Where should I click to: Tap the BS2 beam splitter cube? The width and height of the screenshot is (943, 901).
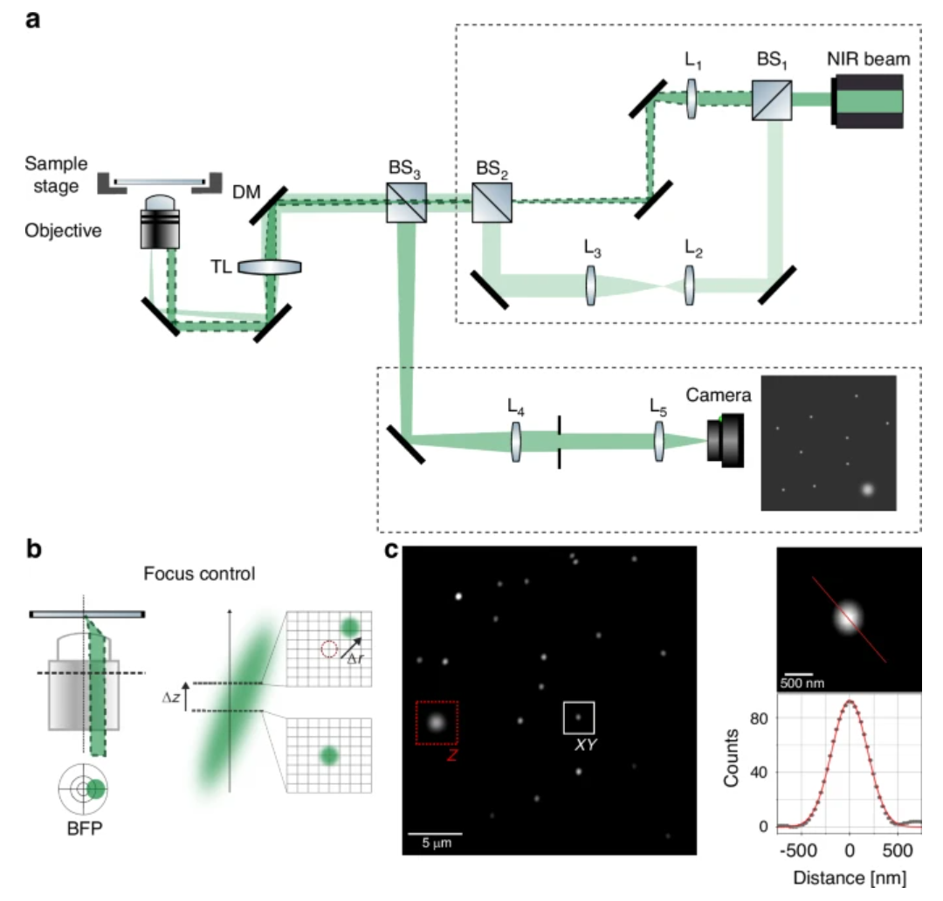coord(492,203)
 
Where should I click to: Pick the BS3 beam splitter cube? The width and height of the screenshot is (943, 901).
coord(407,203)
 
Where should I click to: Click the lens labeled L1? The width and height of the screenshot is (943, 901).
coord(692,100)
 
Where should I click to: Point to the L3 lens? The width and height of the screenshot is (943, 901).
coord(592,286)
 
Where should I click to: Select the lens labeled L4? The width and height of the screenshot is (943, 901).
coord(518,442)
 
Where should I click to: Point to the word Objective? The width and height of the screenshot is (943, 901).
coord(63,231)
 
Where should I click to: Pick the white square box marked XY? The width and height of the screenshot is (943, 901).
coord(578,717)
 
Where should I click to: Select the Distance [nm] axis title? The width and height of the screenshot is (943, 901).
coord(849,875)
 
